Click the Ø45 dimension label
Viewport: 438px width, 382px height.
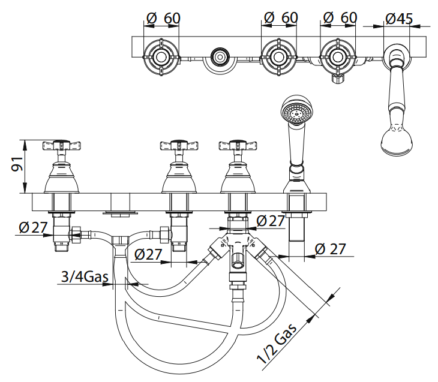(399, 19)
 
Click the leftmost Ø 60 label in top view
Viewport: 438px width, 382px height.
(163, 19)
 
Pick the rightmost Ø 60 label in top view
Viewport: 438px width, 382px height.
(340, 19)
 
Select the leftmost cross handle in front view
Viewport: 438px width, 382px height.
(61, 146)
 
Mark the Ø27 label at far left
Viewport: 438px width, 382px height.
(32, 228)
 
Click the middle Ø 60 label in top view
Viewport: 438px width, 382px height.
(280, 19)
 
